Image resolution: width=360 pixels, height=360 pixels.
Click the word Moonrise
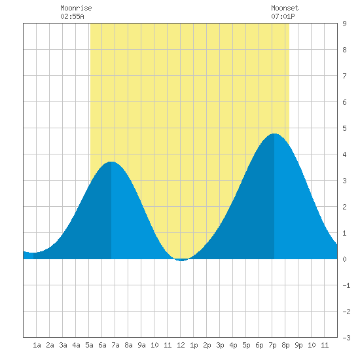76,8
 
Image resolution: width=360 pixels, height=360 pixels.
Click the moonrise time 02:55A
72,16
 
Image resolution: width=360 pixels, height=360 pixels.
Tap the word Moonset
285,8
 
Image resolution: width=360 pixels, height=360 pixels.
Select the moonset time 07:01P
283,16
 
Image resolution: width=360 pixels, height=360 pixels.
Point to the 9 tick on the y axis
344,24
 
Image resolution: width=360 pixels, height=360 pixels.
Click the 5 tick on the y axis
344,128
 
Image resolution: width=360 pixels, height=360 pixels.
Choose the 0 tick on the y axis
344,259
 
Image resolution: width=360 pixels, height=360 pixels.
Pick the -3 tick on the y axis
346,338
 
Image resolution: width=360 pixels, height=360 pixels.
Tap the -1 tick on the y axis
346,285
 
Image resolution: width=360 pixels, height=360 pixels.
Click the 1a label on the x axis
37,345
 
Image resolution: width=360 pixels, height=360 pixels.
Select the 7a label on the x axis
115,345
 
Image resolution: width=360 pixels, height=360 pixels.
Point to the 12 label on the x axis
181,345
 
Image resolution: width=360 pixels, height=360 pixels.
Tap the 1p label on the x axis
194,345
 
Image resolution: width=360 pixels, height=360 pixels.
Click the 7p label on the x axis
272,345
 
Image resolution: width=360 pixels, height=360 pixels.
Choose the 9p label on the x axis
298,345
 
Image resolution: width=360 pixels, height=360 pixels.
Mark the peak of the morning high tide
111,162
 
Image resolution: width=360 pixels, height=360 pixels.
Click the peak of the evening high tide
274,134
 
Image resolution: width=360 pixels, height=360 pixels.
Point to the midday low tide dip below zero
181,261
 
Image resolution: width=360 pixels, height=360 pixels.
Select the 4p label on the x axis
233,345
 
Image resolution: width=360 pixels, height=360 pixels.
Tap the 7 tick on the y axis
344,76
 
